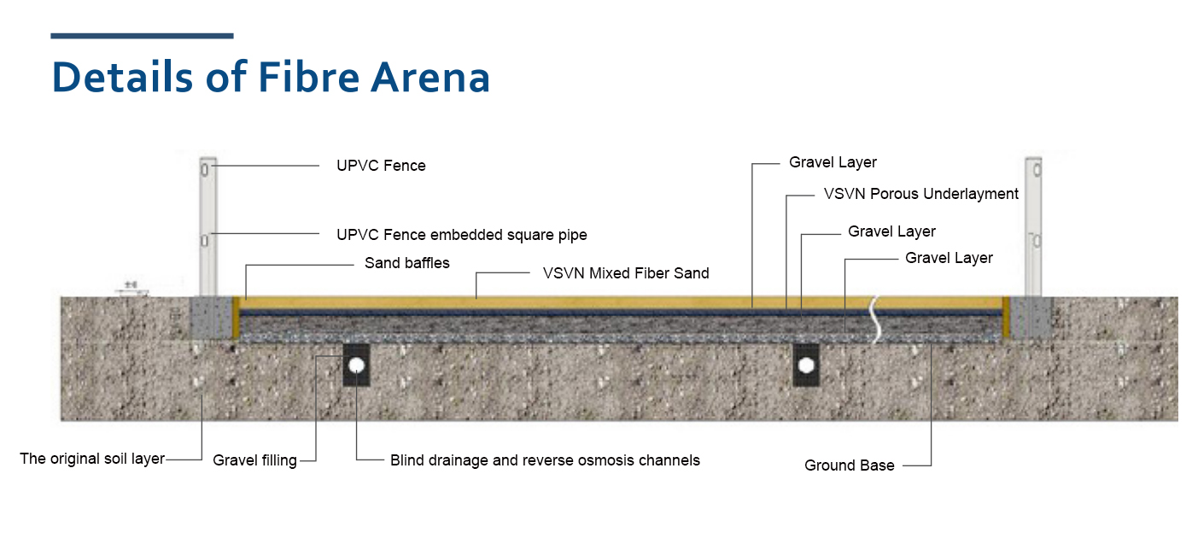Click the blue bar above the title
[142, 36]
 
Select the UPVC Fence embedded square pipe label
[462, 235]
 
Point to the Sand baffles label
[406, 263]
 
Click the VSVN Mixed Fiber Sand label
[626, 273]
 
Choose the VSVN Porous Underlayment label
[920, 194]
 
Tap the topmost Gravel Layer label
[833, 162]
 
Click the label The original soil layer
[92, 459]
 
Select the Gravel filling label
[254, 460]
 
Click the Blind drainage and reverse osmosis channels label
[545, 460]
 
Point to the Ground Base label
[850, 465]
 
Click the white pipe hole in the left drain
[356, 366]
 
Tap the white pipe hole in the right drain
[805, 366]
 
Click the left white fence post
[207, 226]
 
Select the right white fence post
[1033, 226]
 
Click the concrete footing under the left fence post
[210, 317]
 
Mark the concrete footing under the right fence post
[1031, 317]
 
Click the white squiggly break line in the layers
[874, 319]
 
